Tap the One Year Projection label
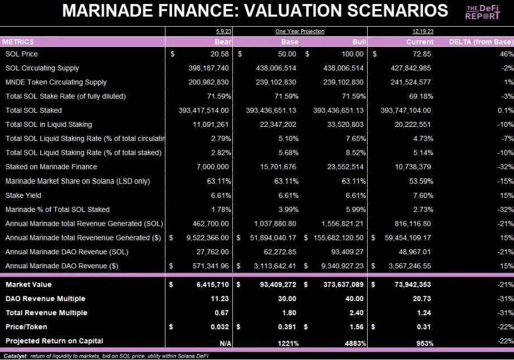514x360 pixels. pos(299,31)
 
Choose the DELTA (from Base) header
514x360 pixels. pos(480,42)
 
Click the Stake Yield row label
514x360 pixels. pos(23,196)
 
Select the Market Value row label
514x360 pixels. pos(28,285)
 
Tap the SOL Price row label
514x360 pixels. pos(22,54)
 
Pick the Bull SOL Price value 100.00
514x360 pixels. pos(351,54)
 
